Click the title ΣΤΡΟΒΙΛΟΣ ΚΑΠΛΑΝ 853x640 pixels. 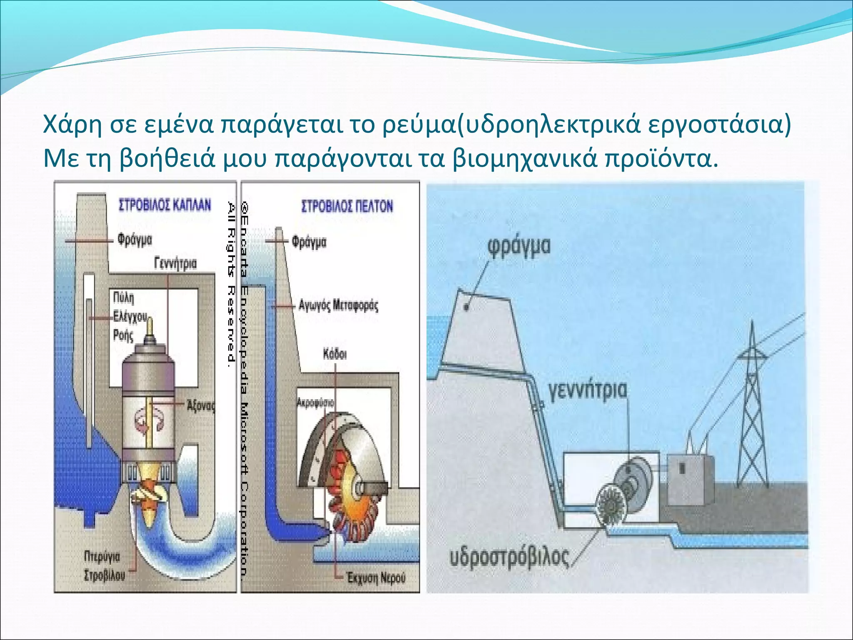point(165,205)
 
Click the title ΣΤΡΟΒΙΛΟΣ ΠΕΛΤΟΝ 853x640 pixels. point(347,206)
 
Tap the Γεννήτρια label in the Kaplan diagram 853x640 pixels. point(175,264)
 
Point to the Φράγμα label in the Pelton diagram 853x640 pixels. point(309,242)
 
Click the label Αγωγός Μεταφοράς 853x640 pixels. point(338,305)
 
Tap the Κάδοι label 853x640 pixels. point(334,355)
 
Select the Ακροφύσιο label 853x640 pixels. point(315,403)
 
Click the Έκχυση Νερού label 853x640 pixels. point(376,578)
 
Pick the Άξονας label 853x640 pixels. point(201,405)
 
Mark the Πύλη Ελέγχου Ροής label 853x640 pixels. point(127,317)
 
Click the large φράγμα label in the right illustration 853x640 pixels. point(519,247)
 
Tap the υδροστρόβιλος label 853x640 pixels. point(509,557)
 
